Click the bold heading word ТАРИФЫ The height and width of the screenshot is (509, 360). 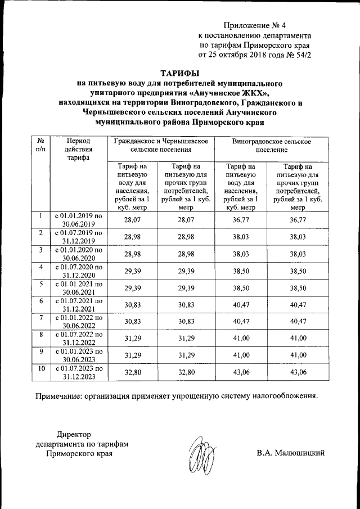coord(180,73)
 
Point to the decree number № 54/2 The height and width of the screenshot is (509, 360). coord(297,55)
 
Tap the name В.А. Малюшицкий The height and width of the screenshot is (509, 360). coord(290,453)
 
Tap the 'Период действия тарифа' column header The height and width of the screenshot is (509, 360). coord(76,148)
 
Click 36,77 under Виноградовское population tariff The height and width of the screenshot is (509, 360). coord(240,219)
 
